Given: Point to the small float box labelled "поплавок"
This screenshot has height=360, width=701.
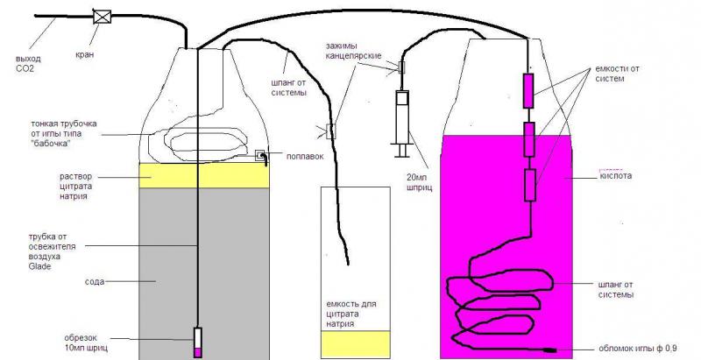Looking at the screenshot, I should pyautogui.click(x=261, y=157).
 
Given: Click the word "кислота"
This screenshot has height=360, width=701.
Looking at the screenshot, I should pyautogui.click(x=617, y=175).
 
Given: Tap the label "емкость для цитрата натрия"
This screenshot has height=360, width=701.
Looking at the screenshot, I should pyautogui.click(x=350, y=312).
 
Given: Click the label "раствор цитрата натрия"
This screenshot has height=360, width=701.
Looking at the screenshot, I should pyautogui.click(x=77, y=185).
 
